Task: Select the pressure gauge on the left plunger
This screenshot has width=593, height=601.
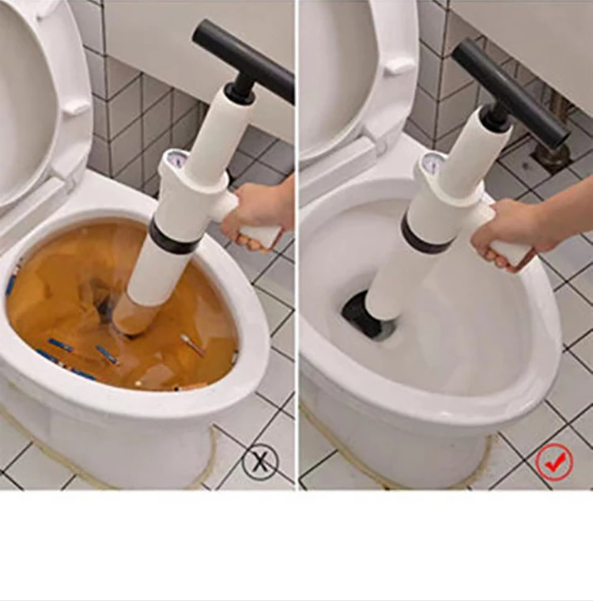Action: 178,160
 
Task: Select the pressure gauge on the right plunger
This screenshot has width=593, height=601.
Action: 432,164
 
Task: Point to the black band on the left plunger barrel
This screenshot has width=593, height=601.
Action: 173,238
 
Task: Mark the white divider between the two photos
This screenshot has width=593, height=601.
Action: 296,237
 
